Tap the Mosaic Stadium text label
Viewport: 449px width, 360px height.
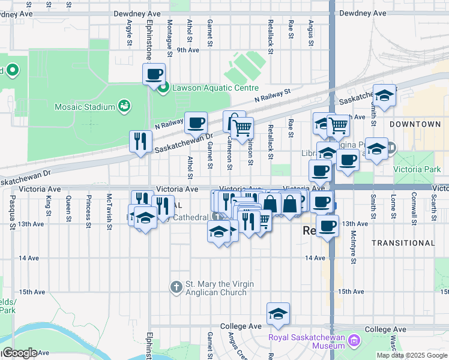pos(84,107)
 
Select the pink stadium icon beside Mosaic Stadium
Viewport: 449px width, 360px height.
pos(124,107)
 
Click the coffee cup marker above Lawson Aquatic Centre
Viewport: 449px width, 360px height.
pos(154,74)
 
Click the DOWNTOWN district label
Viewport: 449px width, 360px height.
pos(415,124)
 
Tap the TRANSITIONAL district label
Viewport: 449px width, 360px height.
pos(403,243)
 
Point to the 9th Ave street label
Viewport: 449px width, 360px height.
pos(187,50)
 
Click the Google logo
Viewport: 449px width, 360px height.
pos(19,353)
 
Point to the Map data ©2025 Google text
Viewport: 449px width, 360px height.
pos(411,355)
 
